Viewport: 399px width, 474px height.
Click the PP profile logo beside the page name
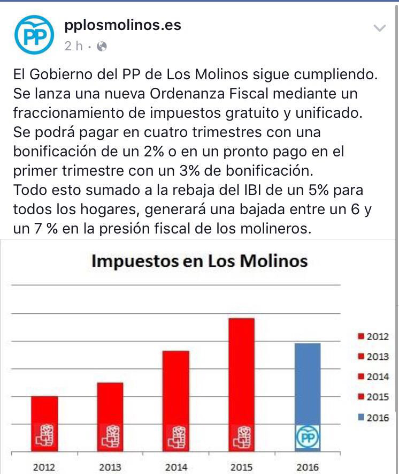coord(34,35)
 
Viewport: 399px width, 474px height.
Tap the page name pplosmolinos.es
coord(122,25)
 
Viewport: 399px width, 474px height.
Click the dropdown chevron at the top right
coord(379,28)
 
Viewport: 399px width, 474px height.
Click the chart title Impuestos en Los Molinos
coord(199,261)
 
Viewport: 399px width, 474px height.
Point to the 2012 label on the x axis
coord(44,467)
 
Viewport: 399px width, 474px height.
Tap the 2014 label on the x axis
coord(176,467)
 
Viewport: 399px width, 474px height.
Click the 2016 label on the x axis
coord(307,467)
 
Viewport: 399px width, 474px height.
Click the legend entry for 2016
coord(374,418)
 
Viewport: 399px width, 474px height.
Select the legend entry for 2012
coord(374,337)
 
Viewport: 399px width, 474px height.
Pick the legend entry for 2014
coord(374,377)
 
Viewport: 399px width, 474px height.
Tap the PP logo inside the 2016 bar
coord(307,438)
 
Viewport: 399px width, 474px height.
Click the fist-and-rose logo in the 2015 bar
coord(241,437)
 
